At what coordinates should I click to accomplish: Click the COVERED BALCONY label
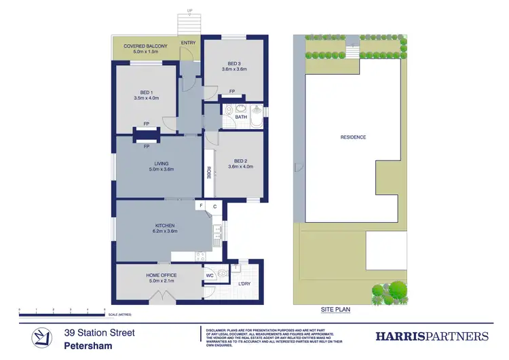tap(145, 46)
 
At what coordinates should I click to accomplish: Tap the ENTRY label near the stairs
tap(188, 43)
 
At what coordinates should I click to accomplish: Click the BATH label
tap(241, 117)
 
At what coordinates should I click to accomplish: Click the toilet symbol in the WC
tap(221, 275)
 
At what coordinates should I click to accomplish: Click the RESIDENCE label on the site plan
tap(353, 137)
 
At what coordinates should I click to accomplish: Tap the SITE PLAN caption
tap(336, 309)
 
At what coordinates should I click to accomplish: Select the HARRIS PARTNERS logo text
tap(432, 336)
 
